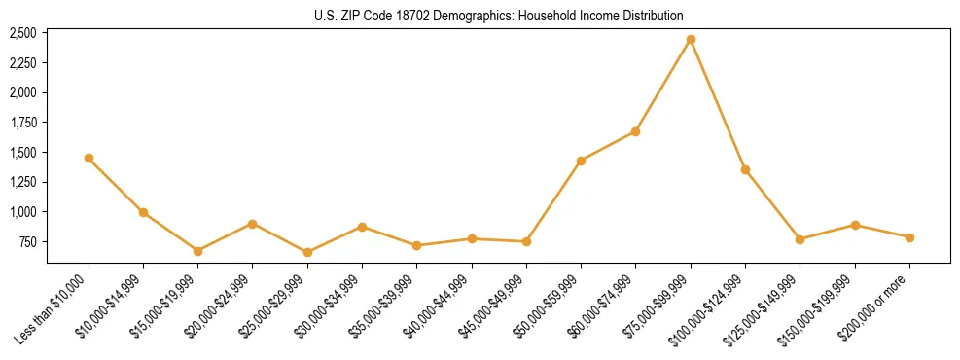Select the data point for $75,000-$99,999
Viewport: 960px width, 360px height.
[x=691, y=40]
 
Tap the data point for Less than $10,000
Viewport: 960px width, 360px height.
[x=89, y=158]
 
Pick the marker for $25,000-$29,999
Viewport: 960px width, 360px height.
[x=307, y=252]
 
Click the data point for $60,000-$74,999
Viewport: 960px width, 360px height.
[x=636, y=131]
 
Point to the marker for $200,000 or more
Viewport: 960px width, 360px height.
[x=909, y=237]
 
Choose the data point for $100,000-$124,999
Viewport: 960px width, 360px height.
[x=745, y=169]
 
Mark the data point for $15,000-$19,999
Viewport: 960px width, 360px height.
[x=197, y=251]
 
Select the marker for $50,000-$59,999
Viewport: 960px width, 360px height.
[x=581, y=161]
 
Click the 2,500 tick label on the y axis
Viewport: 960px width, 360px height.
[x=22, y=33]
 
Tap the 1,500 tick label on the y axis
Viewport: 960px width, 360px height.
[x=22, y=153]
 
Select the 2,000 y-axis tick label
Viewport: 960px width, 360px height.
[x=22, y=92]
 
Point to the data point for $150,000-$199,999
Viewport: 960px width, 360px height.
[x=855, y=225]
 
